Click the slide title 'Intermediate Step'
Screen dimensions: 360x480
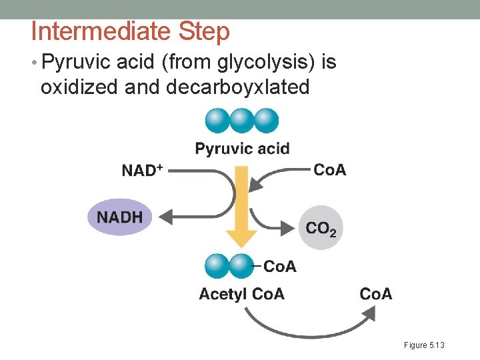click(130, 31)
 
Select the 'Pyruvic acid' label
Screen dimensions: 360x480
click(242, 148)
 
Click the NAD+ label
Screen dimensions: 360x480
click(142, 170)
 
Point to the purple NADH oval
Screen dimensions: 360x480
click(120, 217)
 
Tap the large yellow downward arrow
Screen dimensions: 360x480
click(241, 213)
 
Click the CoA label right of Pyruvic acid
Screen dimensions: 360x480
click(329, 169)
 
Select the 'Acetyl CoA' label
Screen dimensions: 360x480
click(241, 294)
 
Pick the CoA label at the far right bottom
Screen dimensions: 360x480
click(376, 294)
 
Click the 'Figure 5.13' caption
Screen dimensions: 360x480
click(424, 345)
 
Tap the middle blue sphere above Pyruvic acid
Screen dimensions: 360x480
click(242, 121)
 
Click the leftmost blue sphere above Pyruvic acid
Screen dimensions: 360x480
click(218, 121)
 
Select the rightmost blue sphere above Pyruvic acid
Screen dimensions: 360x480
click(266, 121)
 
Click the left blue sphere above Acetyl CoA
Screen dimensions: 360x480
click(217, 266)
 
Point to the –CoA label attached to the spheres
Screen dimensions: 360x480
click(276, 267)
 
